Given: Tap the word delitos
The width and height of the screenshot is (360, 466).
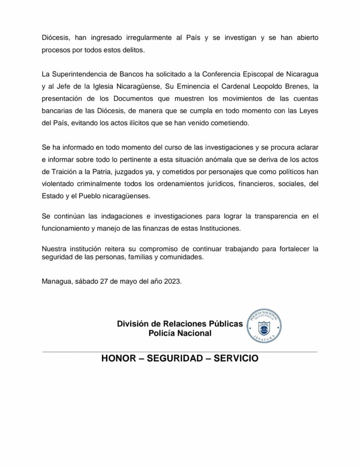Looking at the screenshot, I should (x=132, y=51).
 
